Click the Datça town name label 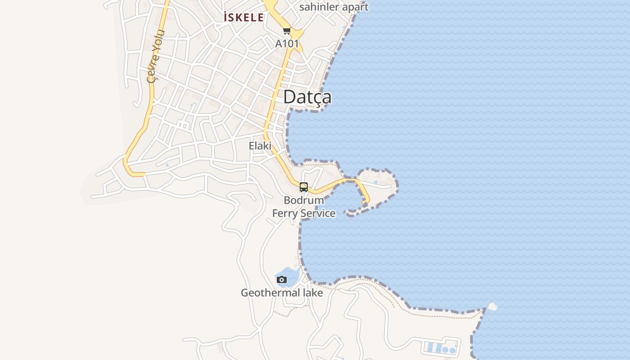(x=307, y=97)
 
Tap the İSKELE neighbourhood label (x=244, y=18)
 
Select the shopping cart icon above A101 (x=287, y=31)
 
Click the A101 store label (x=287, y=44)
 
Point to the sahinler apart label (x=333, y=7)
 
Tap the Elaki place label (x=260, y=146)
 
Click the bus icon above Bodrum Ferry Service (x=304, y=187)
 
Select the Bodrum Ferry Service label (x=304, y=207)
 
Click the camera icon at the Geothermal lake (x=282, y=279)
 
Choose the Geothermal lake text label (x=282, y=293)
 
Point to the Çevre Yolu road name (x=156, y=56)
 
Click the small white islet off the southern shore (x=492, y=307)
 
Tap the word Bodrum (x=304, y=200)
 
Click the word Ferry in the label (x=285, y=213)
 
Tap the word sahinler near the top (x=318, y=7)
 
